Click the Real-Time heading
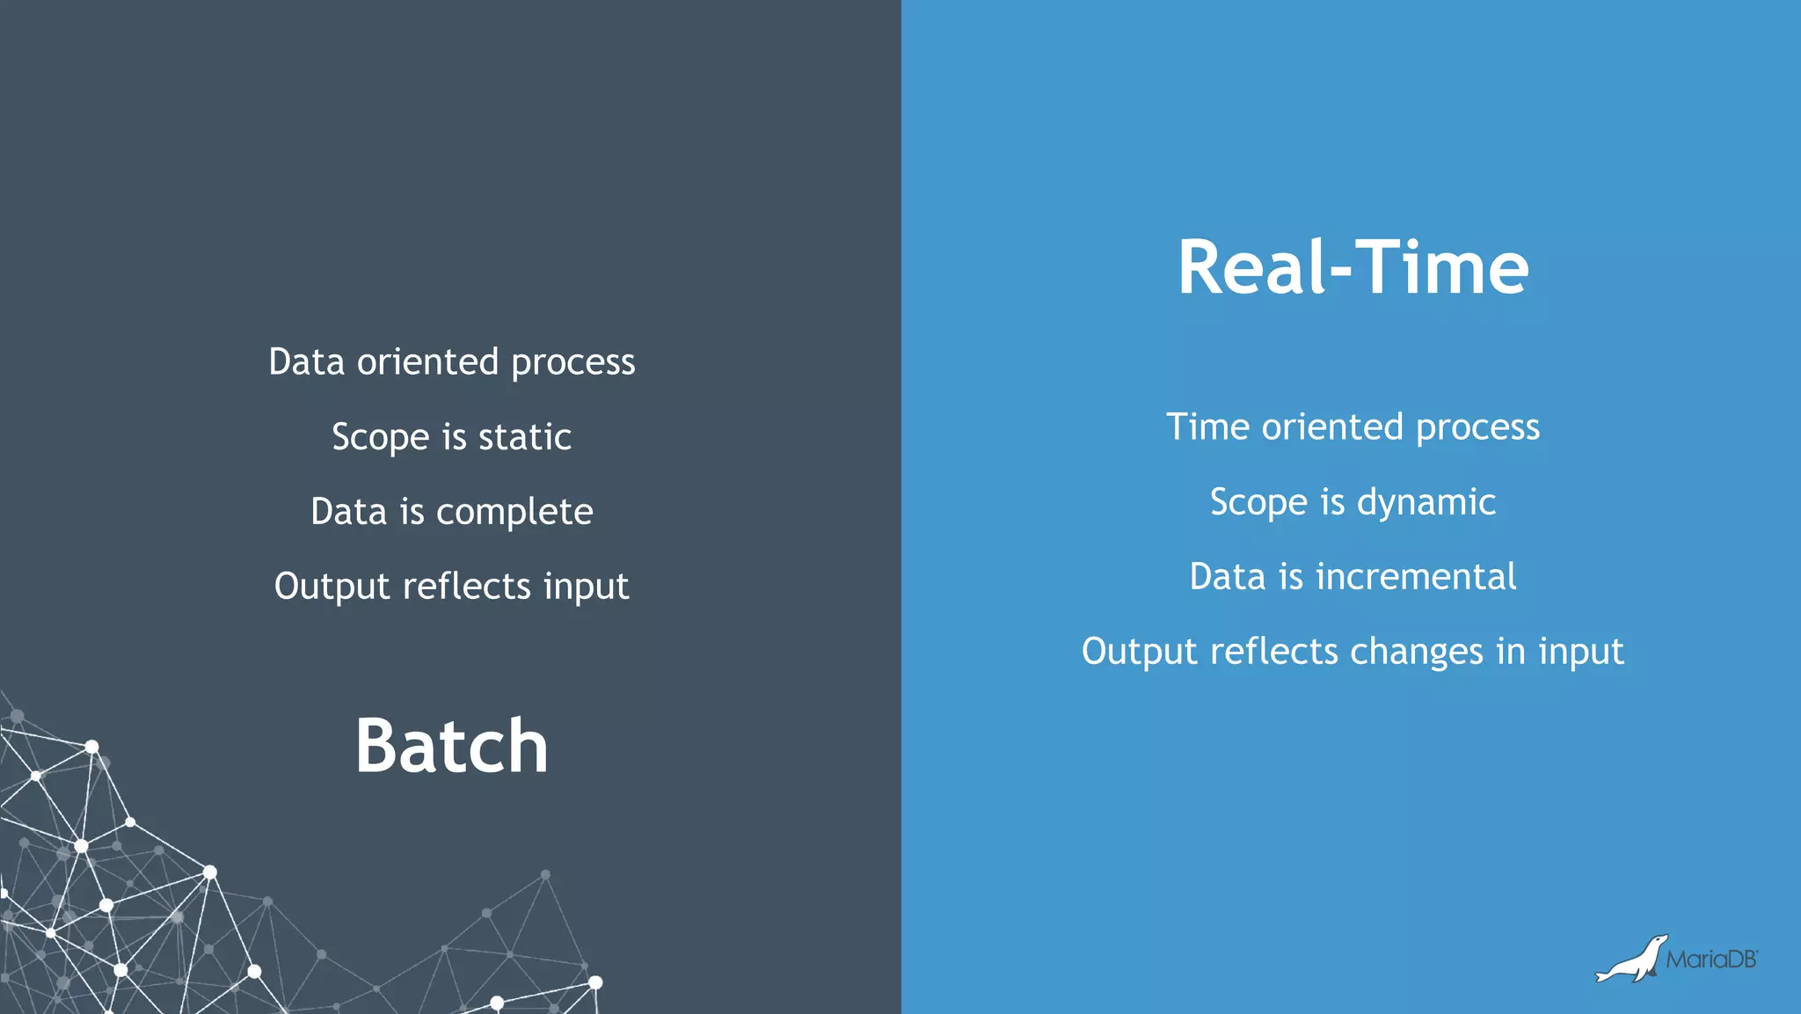point(1353,267)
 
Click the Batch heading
point(452,746)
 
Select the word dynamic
point(1425,503)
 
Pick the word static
point(524,437)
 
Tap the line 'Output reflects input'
point(451,587)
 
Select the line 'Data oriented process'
point(451,362)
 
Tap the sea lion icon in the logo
point(1632,960)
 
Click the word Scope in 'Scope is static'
point(380,438)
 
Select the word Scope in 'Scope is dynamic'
point(1258,503)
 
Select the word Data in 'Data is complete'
point(348,512)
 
